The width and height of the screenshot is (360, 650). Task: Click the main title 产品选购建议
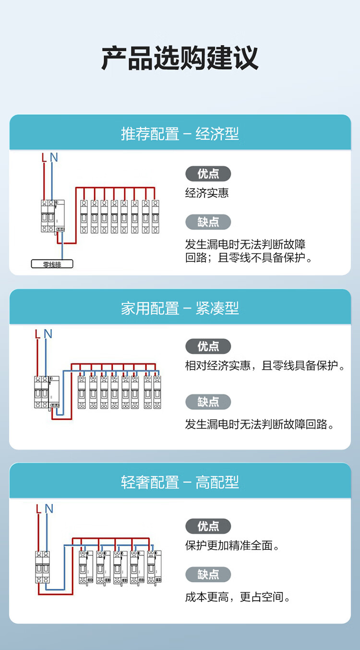pyautogui.click(x=180, y=58)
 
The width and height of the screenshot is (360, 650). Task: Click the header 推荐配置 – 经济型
pyautogui.click(x=180, y=134)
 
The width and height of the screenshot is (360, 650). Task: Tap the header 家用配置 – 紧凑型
pyautogui.click(x=180, y=308)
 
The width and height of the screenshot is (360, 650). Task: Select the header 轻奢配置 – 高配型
pyautogui.click(x=180, y=482)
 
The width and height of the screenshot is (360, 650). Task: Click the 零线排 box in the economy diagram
pyautogui.click(x=52, y=264)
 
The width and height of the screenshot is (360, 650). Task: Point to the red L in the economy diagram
pyautogui.click(x=44, y=157)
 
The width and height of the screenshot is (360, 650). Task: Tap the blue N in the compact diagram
pyautogui.click(x=48, y=334)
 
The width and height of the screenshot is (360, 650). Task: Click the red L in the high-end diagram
pyautogui.click(x=38, y=508)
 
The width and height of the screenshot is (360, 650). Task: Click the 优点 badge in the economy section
pyautogui.click(x=208, y=174)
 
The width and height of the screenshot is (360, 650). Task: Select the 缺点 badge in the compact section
pyautogui.click(x=208, y=402)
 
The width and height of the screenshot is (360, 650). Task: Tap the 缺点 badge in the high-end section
pyautogui.click(x=208, y=574)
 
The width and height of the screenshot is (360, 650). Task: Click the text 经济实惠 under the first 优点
pyautogui.click(x=207, y=193)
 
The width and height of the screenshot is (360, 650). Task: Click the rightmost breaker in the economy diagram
pyautogui.click(x=156, y=217)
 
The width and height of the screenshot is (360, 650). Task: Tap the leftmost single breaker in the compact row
pyautogui.click(x=82, y=392)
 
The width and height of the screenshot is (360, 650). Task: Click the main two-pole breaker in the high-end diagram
pyautogui.click(x=42, y=567)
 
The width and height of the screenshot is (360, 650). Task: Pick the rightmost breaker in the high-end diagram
pyautogui.click(x=154, y=567)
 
